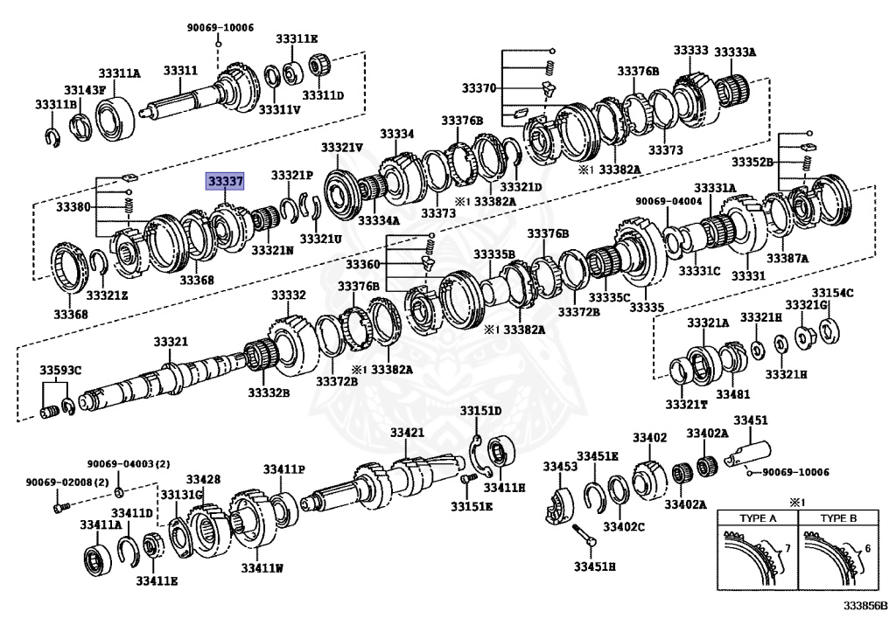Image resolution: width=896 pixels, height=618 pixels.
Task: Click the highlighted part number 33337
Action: tap(225, 181)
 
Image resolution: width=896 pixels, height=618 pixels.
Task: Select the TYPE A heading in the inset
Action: tap(758, 518)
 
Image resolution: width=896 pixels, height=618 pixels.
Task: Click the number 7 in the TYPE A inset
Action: tap(786, 548)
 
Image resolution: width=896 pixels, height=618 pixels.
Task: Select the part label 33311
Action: tap(181, 70)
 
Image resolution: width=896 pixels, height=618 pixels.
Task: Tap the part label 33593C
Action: tap(59, 371)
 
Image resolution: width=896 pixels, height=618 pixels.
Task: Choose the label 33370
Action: tap(479, 88)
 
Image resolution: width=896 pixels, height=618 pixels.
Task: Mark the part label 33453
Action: tap(560, 467)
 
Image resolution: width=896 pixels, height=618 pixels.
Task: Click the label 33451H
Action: tap(595, 567)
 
